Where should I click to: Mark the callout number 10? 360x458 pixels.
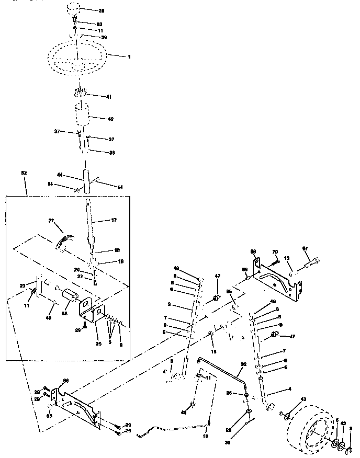coord(205,434)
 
